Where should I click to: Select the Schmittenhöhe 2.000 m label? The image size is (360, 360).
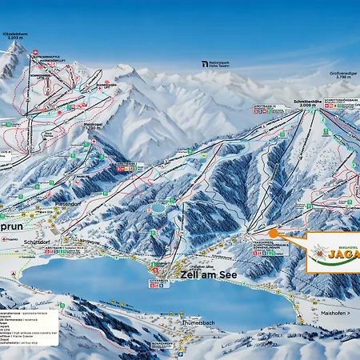[x=309, y=103]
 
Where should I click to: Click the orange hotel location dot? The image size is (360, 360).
[x=273, y=233]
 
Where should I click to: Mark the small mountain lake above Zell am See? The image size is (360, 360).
[x=158, y=206]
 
